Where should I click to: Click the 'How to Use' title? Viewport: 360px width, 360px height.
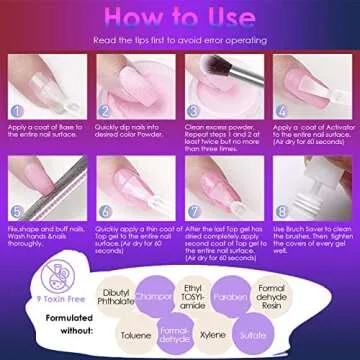[x=179, y=18]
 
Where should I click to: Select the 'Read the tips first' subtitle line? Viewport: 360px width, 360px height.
[x=179, y=40]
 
